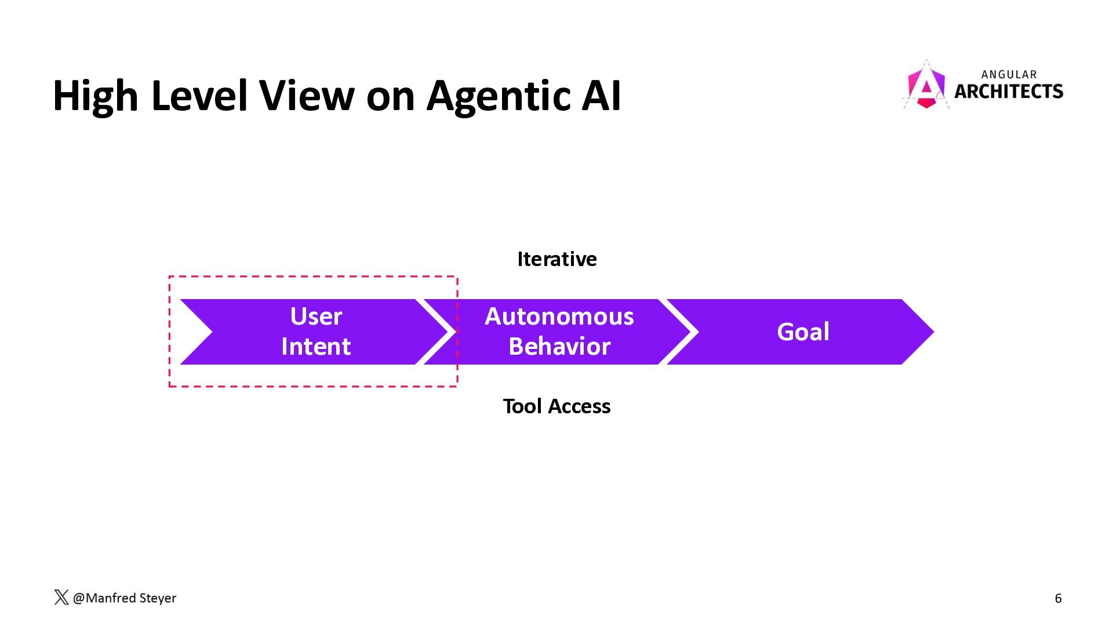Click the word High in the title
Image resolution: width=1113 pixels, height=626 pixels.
coord(95,96)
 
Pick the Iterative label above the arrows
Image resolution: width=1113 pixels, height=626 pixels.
coord(557,259)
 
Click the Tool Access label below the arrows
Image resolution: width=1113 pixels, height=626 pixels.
coord(556,406)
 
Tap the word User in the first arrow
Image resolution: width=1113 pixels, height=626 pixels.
coord(316,316)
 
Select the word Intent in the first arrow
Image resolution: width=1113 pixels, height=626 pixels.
coord(316,347)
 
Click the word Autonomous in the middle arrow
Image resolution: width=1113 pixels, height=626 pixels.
coord(559,316)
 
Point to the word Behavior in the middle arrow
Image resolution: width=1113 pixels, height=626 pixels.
coord(559,347)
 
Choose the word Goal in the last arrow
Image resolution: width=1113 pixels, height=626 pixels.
coord(803,332)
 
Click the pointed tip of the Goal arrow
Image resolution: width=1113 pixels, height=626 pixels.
coord(934,332)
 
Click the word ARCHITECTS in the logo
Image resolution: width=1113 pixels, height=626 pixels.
coord(1009,91)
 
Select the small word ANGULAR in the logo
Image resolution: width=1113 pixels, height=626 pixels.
coord(1009,74)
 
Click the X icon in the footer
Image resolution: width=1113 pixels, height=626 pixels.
coord(61,598)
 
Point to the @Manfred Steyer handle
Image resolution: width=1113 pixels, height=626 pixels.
coord(125,598)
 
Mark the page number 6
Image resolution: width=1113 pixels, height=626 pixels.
coord(1058,598)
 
